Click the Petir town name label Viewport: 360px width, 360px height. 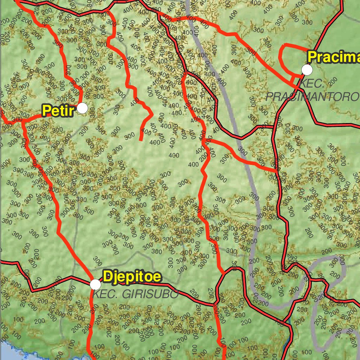coord(58,110)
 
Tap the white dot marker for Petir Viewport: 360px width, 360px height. coord(82,108)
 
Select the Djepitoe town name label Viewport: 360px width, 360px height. coord(132,277)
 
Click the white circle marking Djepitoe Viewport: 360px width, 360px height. coord(95,284)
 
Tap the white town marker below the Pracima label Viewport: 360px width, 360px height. coord(307,70)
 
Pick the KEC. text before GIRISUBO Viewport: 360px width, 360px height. coord(104,294)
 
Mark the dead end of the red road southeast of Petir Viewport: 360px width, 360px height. coord(140,140)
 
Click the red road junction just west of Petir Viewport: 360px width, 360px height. coord(23,120)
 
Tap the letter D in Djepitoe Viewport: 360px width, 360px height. coord(108,277)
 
